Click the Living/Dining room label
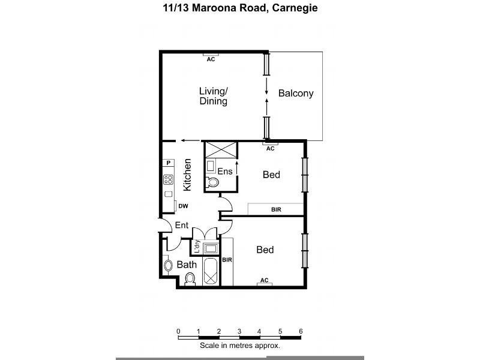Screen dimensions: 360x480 point(214,96)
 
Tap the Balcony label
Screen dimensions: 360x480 point(296,94)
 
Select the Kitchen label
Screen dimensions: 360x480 point(187,175)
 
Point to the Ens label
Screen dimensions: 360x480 point(224,172)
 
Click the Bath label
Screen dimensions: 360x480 point(186,264)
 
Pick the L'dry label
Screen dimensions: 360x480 point(196,246)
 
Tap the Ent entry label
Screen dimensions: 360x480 point(182,226)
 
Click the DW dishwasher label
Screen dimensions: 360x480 point(184,206)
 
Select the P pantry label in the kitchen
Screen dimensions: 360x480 point(169,163)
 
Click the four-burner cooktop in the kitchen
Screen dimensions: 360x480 point(169,179)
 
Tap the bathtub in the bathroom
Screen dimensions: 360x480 point(211,273)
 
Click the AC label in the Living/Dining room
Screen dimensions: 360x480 point(211,59)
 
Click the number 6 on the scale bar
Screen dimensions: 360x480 point(301,331)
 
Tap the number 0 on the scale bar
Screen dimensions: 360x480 point(178,331)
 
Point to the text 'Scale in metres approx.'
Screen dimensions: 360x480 point(240,346)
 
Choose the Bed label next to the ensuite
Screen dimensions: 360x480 point(271,175)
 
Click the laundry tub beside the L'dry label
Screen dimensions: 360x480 point(211,248)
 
